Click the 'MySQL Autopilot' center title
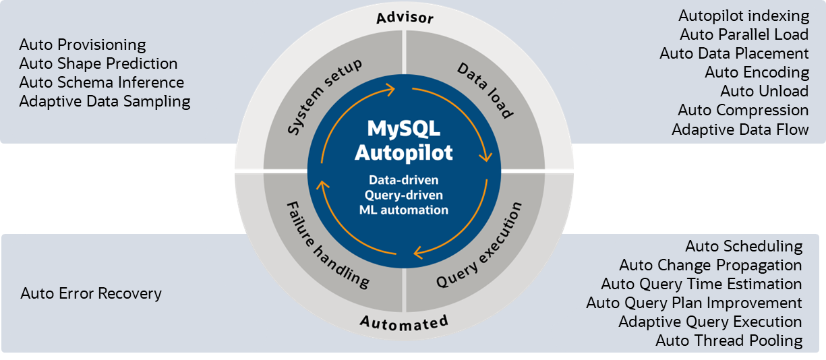404,140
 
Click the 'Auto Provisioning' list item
82,45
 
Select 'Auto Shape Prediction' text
98,64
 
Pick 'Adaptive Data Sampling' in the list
105,102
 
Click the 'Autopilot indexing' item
744,16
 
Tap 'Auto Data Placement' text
734,53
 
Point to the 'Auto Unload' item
764,91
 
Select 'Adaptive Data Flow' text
740,129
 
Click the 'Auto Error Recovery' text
91,293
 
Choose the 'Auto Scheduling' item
744,246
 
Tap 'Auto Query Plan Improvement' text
694,303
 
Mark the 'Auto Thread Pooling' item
729,340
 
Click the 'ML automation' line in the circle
404,210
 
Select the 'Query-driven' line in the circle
404,196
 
